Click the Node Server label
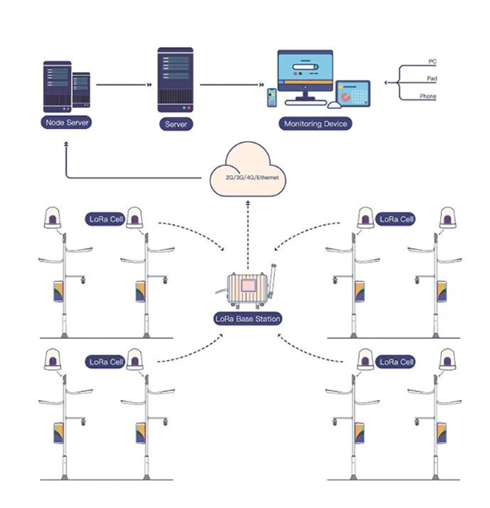[67, 123]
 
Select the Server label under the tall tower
[175, 124]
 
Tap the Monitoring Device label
[315, 124]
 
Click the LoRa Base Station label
[248, 318]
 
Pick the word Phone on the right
[428, 97]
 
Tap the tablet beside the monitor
[353, 94]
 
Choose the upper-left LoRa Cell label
[106, 218]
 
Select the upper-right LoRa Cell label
[396, 218]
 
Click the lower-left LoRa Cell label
[106, 361]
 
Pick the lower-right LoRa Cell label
[396, 361]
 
